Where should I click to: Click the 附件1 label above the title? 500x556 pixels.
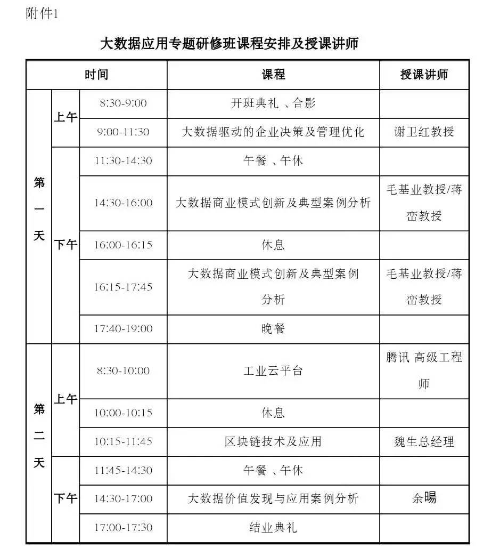pyautogui.click(x=42, y=14)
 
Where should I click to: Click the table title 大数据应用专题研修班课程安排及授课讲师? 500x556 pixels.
pyautogui.click(x=229, y=43)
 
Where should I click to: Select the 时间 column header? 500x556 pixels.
pyautogui.click(x=96, y=75)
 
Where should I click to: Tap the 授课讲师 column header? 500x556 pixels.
pyautogui.click(x=424, y=75)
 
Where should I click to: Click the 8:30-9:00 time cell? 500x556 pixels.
pyautogui.click(x=123, y=103)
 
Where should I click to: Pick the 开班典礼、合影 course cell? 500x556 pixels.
pyautogui.click(x=273, y=103)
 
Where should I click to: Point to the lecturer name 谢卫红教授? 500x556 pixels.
pyautogui.click(x=424, y=132)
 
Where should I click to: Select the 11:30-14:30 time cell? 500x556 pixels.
pyautogui.click(x=123, y=161)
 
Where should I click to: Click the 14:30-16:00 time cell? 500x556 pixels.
pyautogui.click(x=123, y=203)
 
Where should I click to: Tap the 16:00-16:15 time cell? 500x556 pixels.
pyautogui.click(x=123, y=245)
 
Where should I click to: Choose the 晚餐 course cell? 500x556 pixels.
pyautogui.click(x=273, y=329)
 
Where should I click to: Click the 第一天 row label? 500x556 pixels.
pyautogui.click(x=39, y=209)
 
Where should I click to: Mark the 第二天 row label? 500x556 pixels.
pyautogui.click(x=39, y=436)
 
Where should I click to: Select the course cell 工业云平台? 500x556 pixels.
pyautogui.click(x=273, y=371)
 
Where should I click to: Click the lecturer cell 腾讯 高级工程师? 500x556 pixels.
pyautogui.click(x=424, y=370)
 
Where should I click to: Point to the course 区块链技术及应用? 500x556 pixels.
pyautogui.click(x=273, y=442)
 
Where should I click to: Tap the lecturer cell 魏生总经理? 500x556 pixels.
pyautogui.click(x=424, y=442)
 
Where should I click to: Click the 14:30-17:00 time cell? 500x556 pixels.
pyautogui.click(x=123, y=499)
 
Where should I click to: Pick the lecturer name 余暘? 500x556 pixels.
pyautogui.click(x=424, y=498)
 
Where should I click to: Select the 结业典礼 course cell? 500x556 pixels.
pyautogui.click(x=273, y=528)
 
